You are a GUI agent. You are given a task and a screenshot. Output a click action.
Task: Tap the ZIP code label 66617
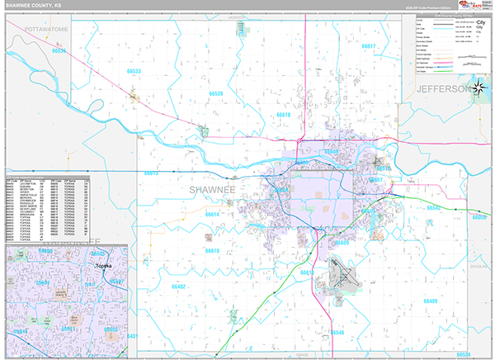pos(369,46)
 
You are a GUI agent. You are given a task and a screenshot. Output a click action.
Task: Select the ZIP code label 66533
pos(134,72)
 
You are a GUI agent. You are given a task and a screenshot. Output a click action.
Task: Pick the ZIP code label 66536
pos(59,51)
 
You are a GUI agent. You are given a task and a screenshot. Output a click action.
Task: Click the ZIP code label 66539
pos(215,93)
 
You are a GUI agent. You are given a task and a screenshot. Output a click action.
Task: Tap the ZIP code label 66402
pos(177,287)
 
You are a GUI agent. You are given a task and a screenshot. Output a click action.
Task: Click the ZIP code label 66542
pos(434,208)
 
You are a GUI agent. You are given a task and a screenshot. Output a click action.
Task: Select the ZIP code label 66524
pos(464,354)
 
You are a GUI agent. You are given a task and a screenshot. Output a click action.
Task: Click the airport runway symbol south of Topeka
pos(340,276)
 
